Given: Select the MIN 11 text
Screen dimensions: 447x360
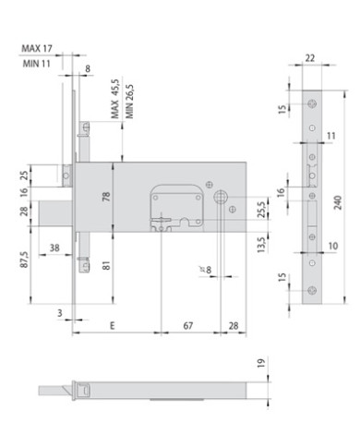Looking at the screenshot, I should tap(34, 62).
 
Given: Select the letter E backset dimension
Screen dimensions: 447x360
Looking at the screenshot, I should tap(112, 325).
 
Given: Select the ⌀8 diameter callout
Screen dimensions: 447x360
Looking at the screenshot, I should tap(205, 271).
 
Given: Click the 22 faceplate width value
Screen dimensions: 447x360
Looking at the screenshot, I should tap(309, 58).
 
